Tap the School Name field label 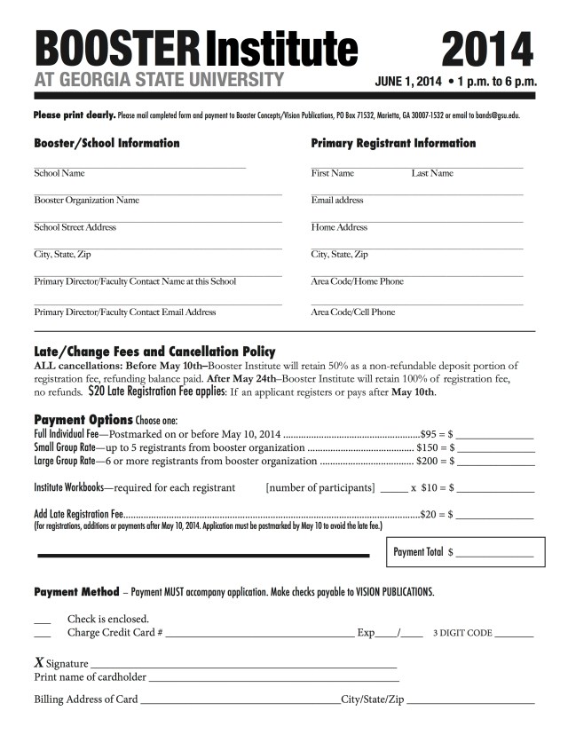coord(59,173)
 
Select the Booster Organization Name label coord(86,201)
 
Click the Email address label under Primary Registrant coord(337,201)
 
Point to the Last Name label coord(432,173)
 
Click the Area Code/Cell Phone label coord(353,312)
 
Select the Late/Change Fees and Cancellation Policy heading coord(154,352)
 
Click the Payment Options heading coord(83,419)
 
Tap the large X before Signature coord(39,662)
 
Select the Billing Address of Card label coord(86,699)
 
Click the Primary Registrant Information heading coord(393,143)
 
